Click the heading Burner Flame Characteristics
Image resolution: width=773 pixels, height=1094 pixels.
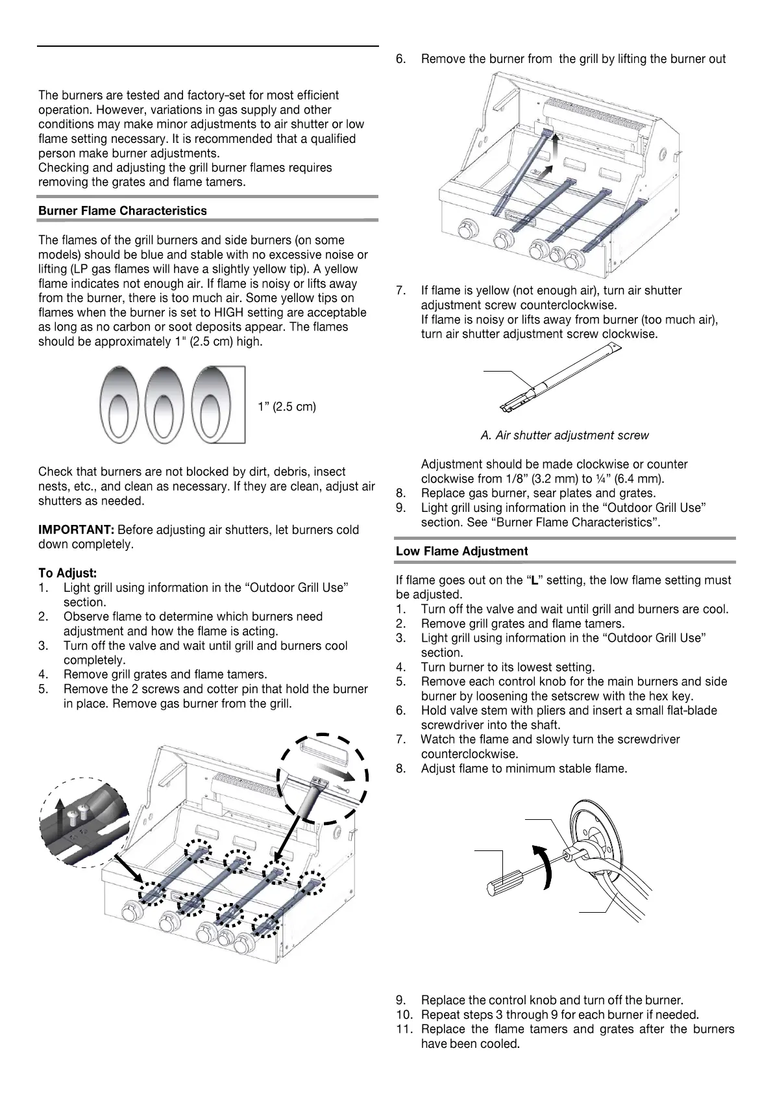123,211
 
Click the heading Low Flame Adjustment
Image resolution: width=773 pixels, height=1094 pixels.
461,552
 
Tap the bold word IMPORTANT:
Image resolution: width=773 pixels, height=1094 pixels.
77,530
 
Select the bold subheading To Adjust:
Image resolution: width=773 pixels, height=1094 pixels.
67,573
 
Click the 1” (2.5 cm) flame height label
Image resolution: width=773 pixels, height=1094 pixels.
286,407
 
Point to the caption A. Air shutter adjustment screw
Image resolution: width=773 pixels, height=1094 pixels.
564,435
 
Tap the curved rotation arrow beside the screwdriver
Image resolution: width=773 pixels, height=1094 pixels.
547,867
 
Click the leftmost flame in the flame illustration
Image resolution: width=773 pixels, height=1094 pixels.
119,405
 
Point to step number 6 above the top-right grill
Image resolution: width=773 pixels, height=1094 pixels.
401,60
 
